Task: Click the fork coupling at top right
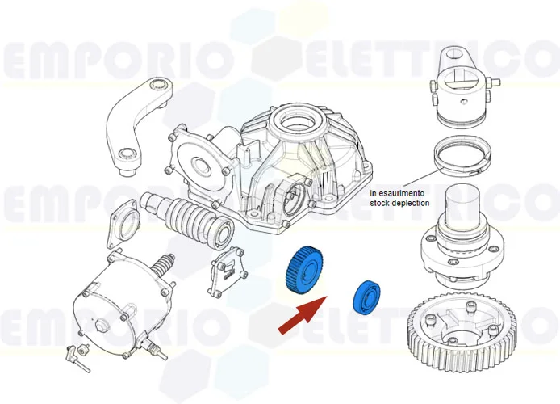(464, 85)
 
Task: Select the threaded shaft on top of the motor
(162, 264)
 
